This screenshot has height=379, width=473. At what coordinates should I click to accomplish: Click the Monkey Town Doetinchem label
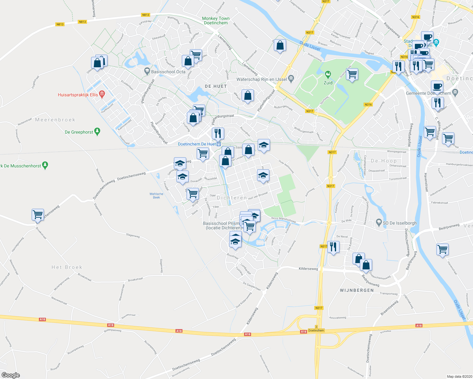click(216, 21)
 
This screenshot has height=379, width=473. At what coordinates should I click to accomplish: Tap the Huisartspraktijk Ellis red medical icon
click(102, 94)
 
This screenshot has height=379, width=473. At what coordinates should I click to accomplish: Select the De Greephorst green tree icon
click(97, 132)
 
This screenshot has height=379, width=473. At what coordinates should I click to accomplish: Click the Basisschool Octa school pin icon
click(146, 71)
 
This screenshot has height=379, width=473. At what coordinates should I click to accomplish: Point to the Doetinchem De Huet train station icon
click(218, 144)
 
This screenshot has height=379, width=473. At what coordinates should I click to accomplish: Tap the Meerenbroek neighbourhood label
click(55, 120)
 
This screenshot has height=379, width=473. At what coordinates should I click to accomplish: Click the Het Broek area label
click(67, 267)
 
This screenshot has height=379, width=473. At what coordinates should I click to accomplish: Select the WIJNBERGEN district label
click(357, 290)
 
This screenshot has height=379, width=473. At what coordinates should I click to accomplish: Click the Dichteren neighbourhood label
click(232, 198)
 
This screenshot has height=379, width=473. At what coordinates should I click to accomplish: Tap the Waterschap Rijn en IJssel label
click(262, 79)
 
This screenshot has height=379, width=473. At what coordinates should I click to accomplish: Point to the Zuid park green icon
click(328, 75)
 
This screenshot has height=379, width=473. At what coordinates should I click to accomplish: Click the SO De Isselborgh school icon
click(379, 223)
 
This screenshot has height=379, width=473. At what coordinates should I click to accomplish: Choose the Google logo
click(10, 375)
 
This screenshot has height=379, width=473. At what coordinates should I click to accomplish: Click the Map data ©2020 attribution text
click(459, 376)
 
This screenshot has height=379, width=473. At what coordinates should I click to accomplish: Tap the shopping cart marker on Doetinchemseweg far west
click(38, 215)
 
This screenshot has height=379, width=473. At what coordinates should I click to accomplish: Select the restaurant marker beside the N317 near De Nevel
click(334, 247)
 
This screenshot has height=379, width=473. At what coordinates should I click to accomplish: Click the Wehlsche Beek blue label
click(157, 196)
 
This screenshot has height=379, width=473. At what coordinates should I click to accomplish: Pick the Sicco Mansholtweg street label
click(283, 220)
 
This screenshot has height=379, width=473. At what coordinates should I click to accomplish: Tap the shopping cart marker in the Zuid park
click(352, 75)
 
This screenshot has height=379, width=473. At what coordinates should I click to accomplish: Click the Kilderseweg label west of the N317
click(308, 269)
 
